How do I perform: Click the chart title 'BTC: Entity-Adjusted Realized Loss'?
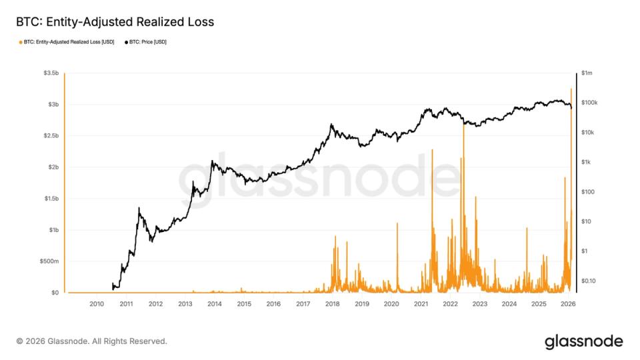(x=115, y=22)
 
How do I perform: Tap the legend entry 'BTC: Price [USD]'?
(x=146, y=42)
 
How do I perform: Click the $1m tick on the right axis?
(x=587, y=73)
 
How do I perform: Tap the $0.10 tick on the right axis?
(x=589, y=281)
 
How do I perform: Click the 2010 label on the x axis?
(x=96, y=304)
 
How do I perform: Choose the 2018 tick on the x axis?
(x=332, y=304)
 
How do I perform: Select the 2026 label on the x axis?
(x=568, y=304)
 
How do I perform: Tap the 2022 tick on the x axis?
(x=450, y=304)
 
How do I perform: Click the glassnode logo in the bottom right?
(x=584, y=341)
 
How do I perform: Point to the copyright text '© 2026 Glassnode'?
(x=91, y=341)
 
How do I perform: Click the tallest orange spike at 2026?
(x=571, y=91)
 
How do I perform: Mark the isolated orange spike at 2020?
(x=397, y=225)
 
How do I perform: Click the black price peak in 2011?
(x=139, y=209)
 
